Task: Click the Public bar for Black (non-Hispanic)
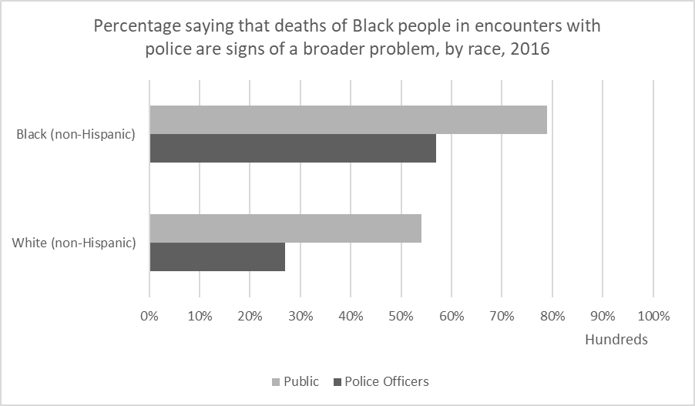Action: tap(348, 119)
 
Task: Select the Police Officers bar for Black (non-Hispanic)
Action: tap(293, 148)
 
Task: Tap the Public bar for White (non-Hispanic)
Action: tap(285, 229)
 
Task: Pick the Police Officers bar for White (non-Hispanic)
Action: tap(217, 257)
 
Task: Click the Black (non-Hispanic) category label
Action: tap(76, 135)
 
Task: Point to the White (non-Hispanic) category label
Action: tap(74, 243)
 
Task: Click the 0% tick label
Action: tap(149, 317)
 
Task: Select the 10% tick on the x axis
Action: tap(200, 317)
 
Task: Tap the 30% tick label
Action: tap(300, 317)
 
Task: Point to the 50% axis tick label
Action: tap(401, 317)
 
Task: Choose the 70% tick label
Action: tap(502, 317)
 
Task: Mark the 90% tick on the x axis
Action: tap(603, 317)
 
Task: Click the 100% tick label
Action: tap(653, 317)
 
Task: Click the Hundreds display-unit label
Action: tap(616, 340)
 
